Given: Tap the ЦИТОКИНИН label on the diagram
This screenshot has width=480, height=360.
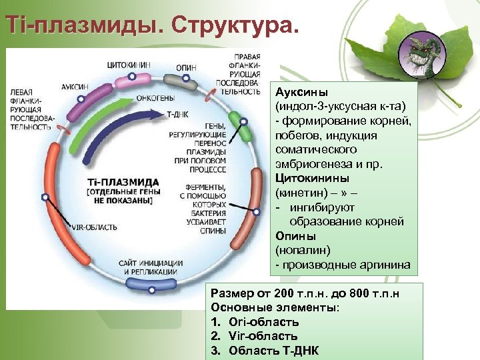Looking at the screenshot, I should pyautogui.click(x=129, y=65).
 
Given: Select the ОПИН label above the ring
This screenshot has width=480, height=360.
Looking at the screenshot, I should pyautogui.click(x=186, y=67).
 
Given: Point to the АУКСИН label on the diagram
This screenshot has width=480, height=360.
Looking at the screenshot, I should pyautogui.click(x=75, y=87).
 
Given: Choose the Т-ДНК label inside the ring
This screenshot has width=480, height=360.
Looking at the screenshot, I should pyautogui.click(x=177, y=114).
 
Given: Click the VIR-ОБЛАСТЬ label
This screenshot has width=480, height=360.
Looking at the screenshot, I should pyautogui.click(x=94, y=227).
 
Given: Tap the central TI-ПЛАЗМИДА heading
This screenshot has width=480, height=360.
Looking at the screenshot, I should pyautogui.click(x=123, y=182).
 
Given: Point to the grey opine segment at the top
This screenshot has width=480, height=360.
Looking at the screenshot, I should pyautogui.click(x=180, y=81).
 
